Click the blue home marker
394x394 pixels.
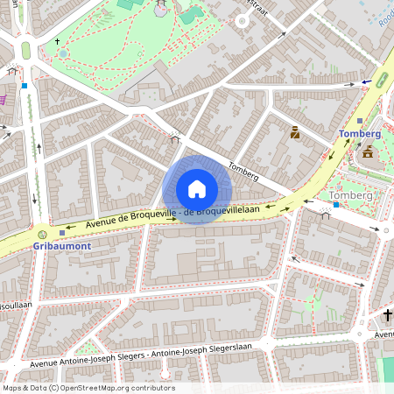click(196, 189)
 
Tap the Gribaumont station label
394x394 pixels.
click(62, 247)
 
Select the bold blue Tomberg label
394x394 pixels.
click(360, 134)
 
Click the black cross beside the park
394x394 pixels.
click(59, 41)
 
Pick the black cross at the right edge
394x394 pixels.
click(388, 314)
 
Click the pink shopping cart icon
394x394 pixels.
click(3, 100)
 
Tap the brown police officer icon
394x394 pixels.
click(295, 133)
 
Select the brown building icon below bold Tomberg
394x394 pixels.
click(367, 152)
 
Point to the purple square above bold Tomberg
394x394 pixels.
click(360, 121)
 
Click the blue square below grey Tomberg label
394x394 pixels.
click(334, 204)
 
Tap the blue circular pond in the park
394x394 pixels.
click(63, 53)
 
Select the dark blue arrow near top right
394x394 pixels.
click(366, 82)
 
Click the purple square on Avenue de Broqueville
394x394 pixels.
click(61, 232)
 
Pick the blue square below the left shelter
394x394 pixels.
click(25, 86)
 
